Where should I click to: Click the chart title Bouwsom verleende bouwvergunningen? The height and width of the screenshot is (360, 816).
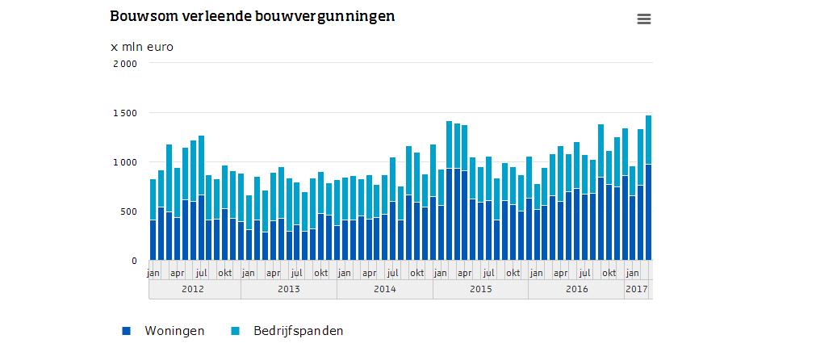click(x=253, y=16)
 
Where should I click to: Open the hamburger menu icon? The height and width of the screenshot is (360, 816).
click(x=643, y=19)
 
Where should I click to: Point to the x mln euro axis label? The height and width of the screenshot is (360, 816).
click(x=142, y=47)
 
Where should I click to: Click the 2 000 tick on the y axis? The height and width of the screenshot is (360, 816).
click(x=126, y=63)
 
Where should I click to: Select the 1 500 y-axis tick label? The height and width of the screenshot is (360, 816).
click(x=126, y=112)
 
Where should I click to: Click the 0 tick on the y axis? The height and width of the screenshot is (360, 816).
click(x=136, y=261)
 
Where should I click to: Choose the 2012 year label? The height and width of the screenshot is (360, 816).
click(x=194, y=289)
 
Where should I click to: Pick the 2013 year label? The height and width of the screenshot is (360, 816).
click(x=289, y=289)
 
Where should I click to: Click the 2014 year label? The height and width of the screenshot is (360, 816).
click(x=385, y=289)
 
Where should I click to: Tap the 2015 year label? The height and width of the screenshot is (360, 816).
click(x=480, y=289)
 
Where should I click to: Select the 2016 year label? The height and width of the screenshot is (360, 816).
click(x=576, y=289)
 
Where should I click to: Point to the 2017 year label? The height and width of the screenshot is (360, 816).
click(x=637, y=289)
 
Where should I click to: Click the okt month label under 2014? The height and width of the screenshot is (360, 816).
click(x=416, y=273)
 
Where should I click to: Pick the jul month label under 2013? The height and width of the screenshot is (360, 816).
click(x=297, y=273)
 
